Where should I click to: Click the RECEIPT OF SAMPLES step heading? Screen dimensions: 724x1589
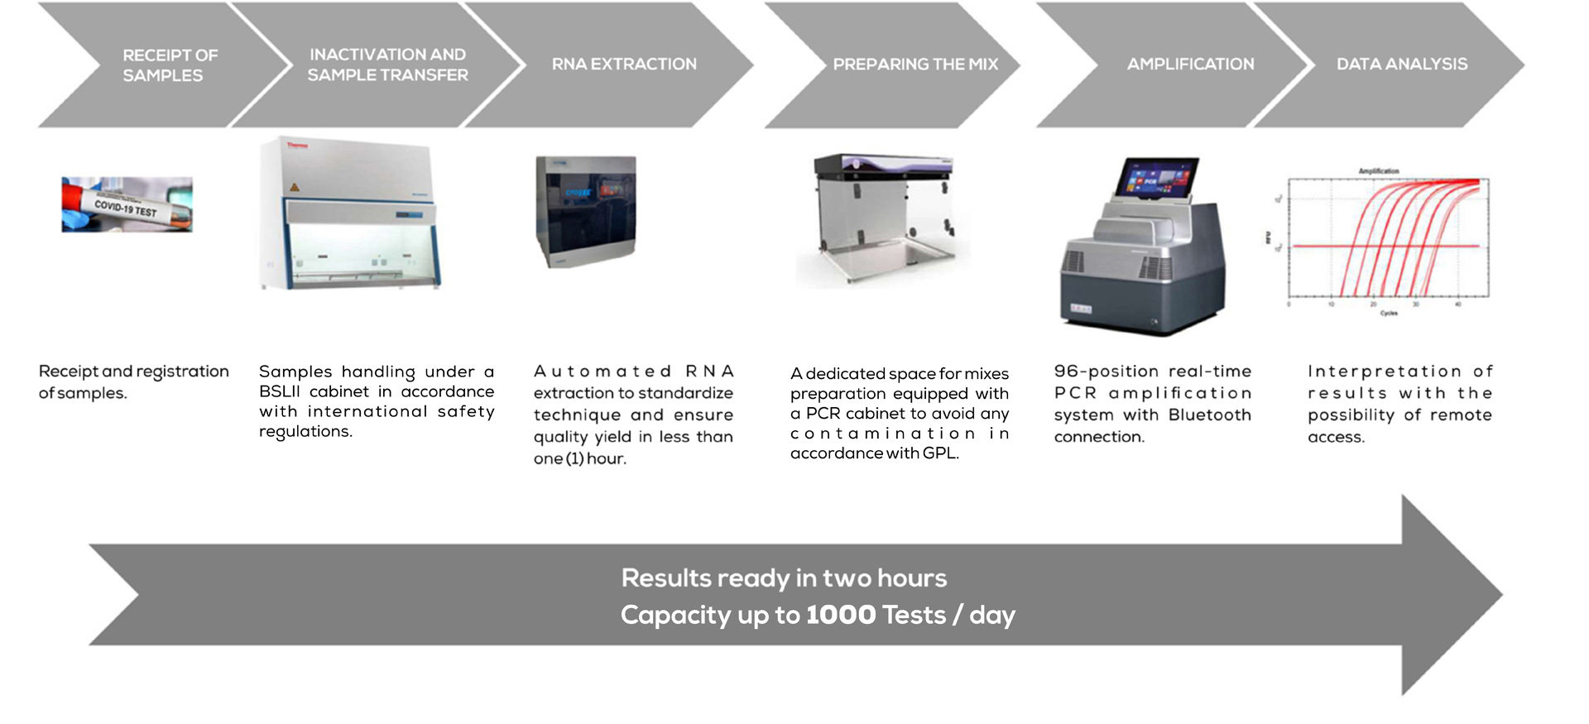170,65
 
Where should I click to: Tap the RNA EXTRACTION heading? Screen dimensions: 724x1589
624,65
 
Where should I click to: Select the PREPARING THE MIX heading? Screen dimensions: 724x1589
915,65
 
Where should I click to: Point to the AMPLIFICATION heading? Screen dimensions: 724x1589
1190,65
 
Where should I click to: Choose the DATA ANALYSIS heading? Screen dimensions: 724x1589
1401,65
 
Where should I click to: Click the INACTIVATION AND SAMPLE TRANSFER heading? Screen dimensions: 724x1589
387,65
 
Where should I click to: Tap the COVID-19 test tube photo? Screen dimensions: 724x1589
127,204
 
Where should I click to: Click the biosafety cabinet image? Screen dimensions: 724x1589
350,213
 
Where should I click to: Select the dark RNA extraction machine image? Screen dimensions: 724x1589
586,211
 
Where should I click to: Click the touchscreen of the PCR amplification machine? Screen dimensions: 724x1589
1156,179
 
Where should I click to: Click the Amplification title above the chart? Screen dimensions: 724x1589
1378,171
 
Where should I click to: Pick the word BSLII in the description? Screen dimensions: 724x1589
280,391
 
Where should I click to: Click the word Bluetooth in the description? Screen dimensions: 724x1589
1209,415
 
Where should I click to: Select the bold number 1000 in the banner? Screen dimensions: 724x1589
840,615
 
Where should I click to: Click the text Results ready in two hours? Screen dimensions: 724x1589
784,578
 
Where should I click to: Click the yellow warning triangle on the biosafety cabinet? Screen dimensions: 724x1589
294,188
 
